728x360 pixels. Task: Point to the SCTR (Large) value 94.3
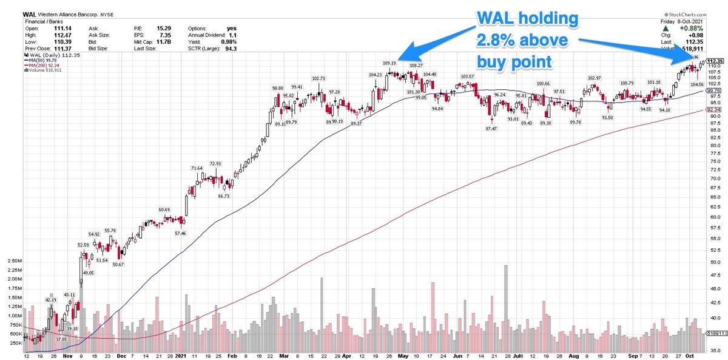232,49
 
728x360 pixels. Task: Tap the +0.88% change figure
707,28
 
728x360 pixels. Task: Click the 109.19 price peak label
388,63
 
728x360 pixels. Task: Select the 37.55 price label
61,340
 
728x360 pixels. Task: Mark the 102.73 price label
319,78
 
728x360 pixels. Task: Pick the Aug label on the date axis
573,356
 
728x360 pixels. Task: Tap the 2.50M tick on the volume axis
15,261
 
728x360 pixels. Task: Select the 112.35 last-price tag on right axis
717,61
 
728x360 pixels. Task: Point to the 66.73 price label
224,196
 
